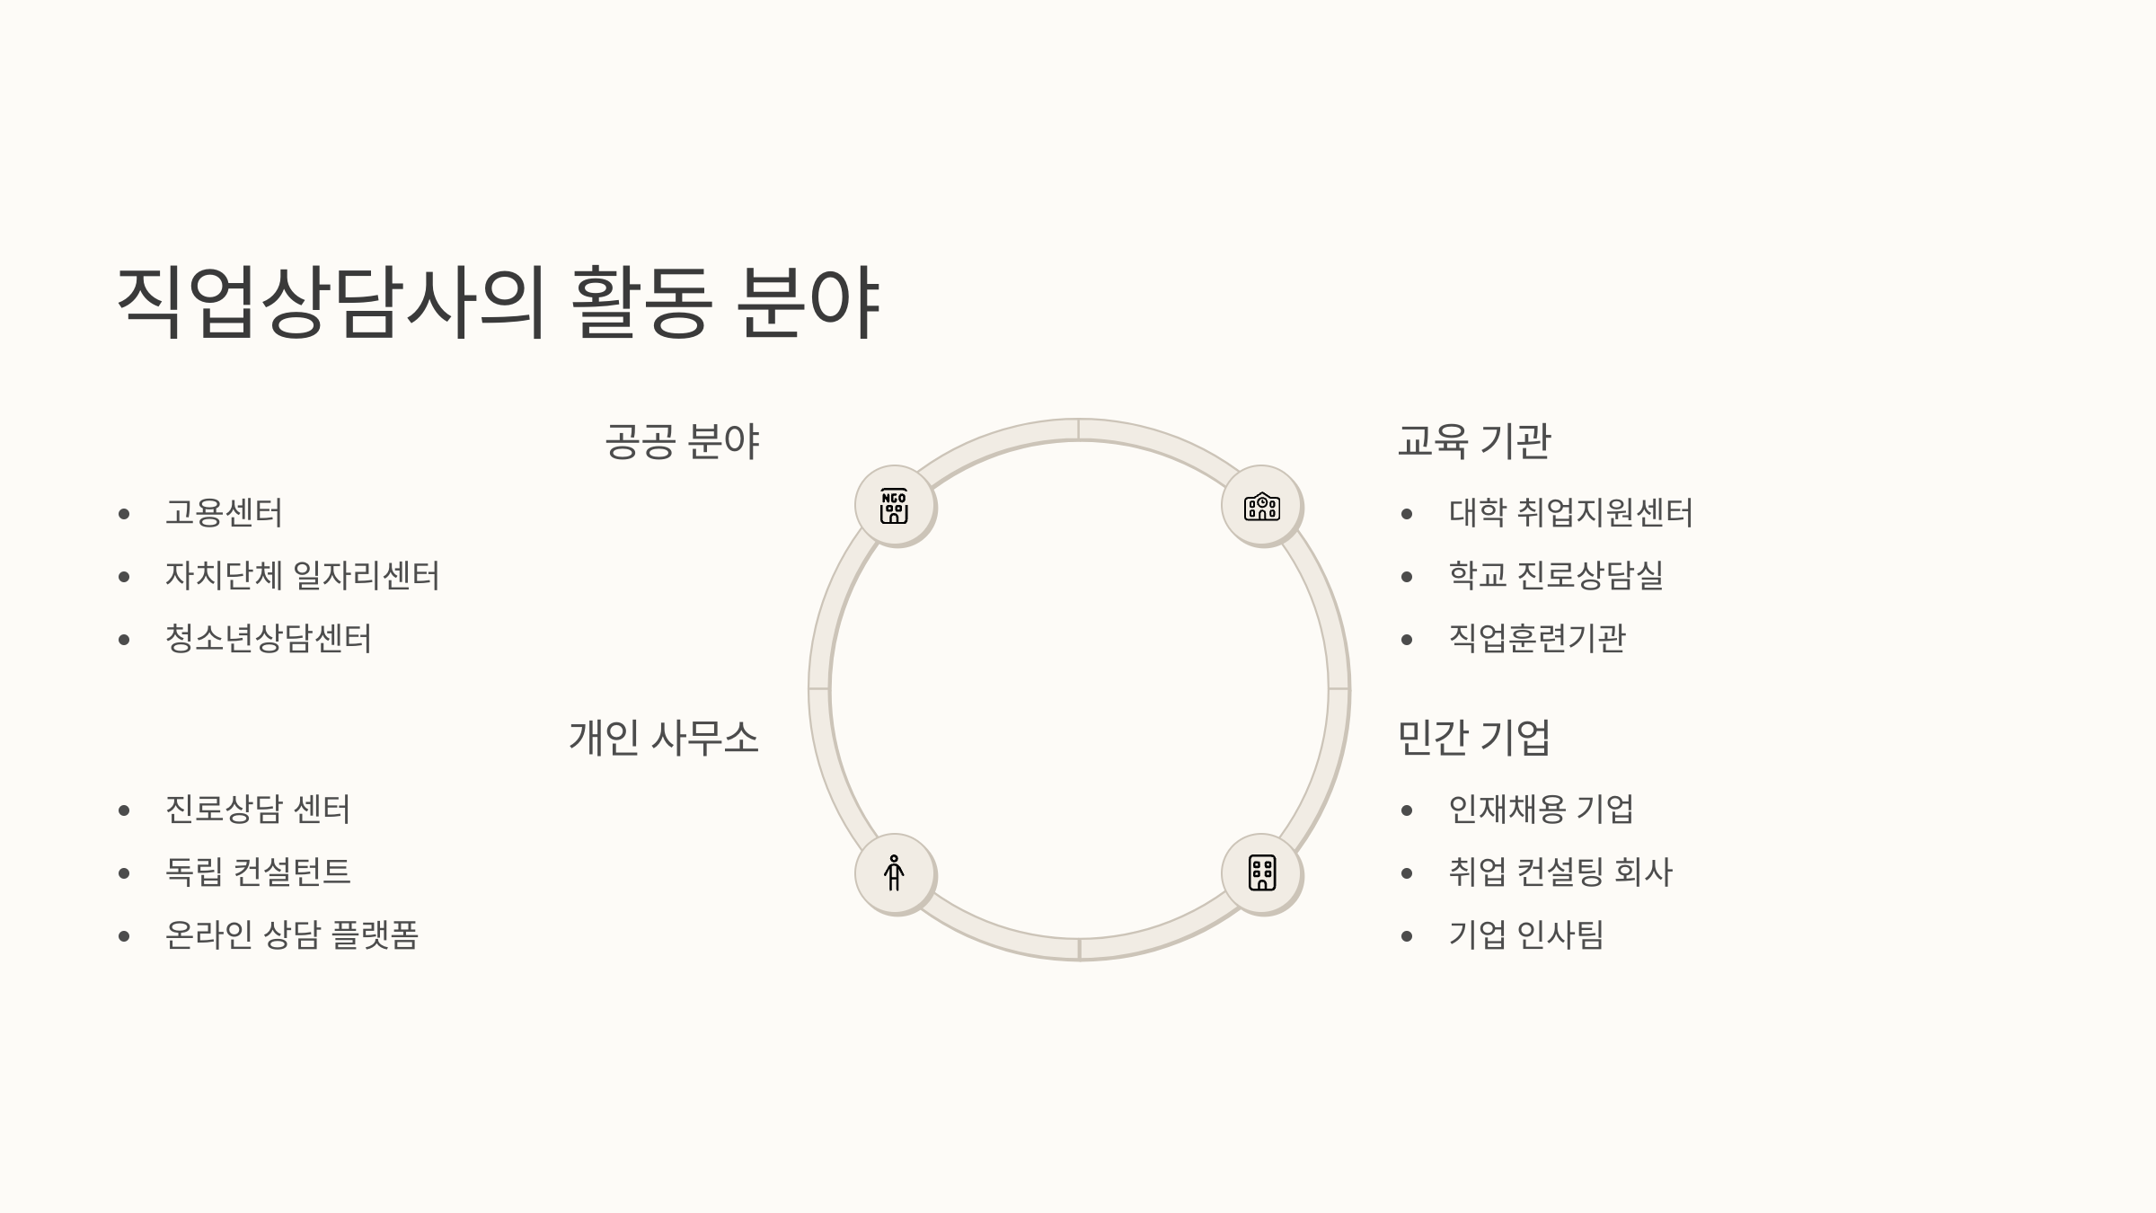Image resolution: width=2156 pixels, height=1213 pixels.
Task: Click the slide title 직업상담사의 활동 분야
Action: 498,302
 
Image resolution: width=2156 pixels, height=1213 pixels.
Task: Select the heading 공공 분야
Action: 682,441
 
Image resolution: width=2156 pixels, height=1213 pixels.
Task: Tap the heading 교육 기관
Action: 1474,441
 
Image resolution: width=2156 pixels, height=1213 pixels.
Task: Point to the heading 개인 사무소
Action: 663,738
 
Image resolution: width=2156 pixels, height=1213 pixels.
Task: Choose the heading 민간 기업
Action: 1474,738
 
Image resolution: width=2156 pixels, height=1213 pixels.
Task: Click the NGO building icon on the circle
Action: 894,507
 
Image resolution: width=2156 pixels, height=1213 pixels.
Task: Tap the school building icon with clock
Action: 1262,507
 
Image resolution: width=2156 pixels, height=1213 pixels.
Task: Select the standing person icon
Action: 894,873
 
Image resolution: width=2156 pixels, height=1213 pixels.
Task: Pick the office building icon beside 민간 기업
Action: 1262,873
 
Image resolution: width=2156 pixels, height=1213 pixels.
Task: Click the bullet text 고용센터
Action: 224,513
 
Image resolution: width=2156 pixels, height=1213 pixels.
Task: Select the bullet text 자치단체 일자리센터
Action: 302,576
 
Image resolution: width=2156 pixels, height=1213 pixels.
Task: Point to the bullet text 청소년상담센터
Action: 268,639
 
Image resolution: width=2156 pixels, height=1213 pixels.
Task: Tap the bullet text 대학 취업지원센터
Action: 1570,513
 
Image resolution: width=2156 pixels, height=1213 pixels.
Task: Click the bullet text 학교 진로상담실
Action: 1556,576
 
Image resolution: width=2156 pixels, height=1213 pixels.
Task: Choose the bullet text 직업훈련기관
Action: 1537,639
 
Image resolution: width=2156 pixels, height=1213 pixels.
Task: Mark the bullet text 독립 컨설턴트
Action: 258,872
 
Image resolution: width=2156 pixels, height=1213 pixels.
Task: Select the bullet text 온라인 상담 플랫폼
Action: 292,935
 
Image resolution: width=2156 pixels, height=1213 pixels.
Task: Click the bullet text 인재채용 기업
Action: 1542,810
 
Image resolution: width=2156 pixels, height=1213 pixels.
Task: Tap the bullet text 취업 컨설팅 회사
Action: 1560,872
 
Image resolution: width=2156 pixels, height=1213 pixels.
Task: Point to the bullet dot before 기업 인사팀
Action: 1407,936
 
